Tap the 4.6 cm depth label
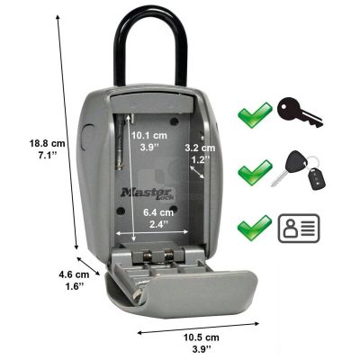point(74,280)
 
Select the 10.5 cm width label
point(202,343)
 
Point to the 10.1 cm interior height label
point(149,140)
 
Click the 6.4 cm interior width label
point(158,218)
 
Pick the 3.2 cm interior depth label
point(200,153)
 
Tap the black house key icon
point(300,113)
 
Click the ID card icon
point(299,229)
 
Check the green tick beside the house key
point(255,115)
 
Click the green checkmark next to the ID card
point(255,227)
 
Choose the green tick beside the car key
point(255,172)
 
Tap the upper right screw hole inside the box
point(174,121)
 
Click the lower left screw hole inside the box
point(121,211)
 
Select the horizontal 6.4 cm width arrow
point(152,232)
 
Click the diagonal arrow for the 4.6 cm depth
point(88,265)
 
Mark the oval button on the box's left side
point(85,138)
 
